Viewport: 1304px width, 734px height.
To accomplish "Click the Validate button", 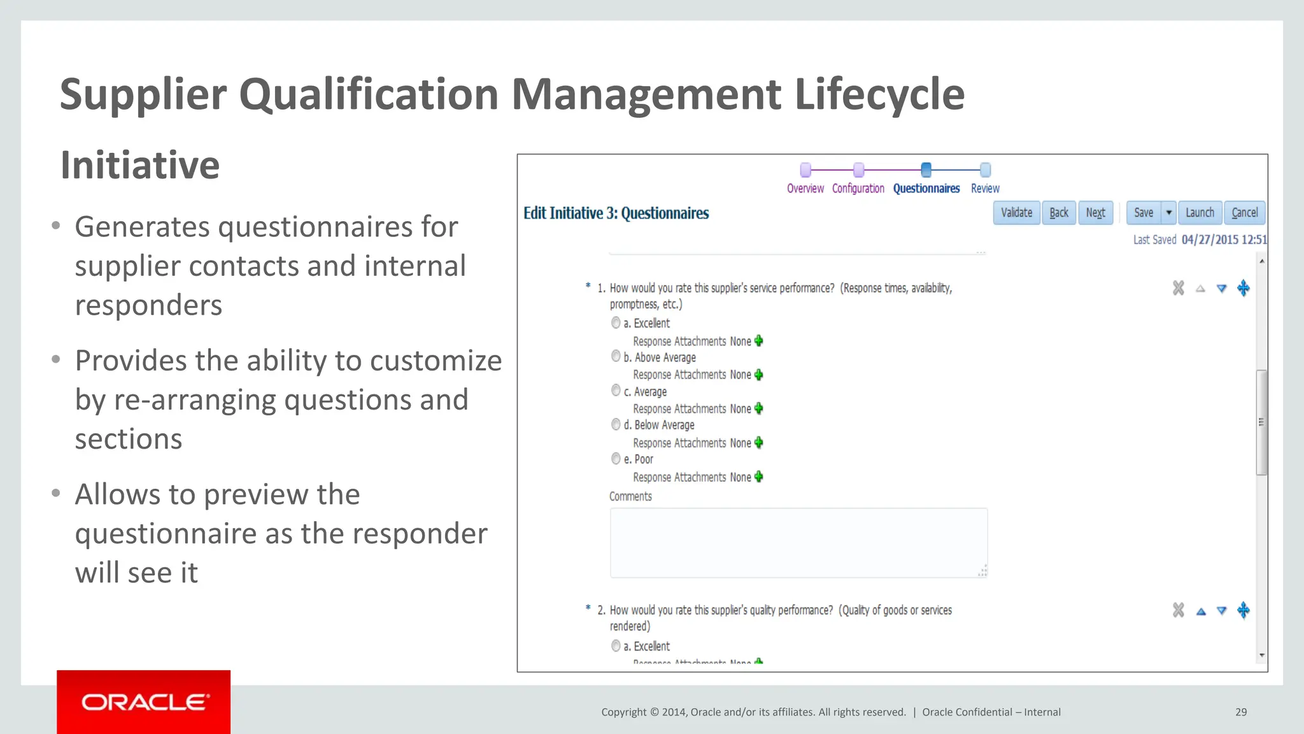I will click(x=1016, y=213).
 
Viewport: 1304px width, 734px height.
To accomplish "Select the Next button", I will click(x=1095, y=213).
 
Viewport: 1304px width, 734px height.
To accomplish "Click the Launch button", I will click(x=1200, y=213).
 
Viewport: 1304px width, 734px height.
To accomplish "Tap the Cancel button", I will click(x=1244, y=213).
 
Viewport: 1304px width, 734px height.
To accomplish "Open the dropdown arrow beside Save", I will click(x=1169, y=213).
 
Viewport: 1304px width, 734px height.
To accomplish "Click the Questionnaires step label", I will click(x=926, y=189).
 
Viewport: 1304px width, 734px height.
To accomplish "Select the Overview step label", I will click(x=805, y=189).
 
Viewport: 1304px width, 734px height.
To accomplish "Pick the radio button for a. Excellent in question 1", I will click(x=616, y=323).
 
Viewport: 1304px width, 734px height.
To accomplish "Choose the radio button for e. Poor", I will click(x=616, y=459).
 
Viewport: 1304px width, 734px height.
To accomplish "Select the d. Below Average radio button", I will click(x=616, y=424).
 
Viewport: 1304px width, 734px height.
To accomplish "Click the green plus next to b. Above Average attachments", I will click(x=758, y=375).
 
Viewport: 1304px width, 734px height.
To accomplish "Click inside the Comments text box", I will click(x=798, y=543).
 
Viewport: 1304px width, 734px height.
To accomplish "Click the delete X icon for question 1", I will click(x=1179, y=288).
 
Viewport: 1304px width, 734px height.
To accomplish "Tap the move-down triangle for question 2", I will click(x=1221, y=611).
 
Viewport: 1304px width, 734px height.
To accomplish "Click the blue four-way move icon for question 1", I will click(x=1243, y=288).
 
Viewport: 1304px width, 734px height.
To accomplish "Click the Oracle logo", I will click(x=144, y=702).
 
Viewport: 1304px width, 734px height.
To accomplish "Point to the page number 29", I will click(x=1241, y=712).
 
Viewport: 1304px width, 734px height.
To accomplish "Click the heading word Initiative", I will click(x=140, y=165).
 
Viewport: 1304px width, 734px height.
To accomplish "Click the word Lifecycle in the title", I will click(x=879, y=94).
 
